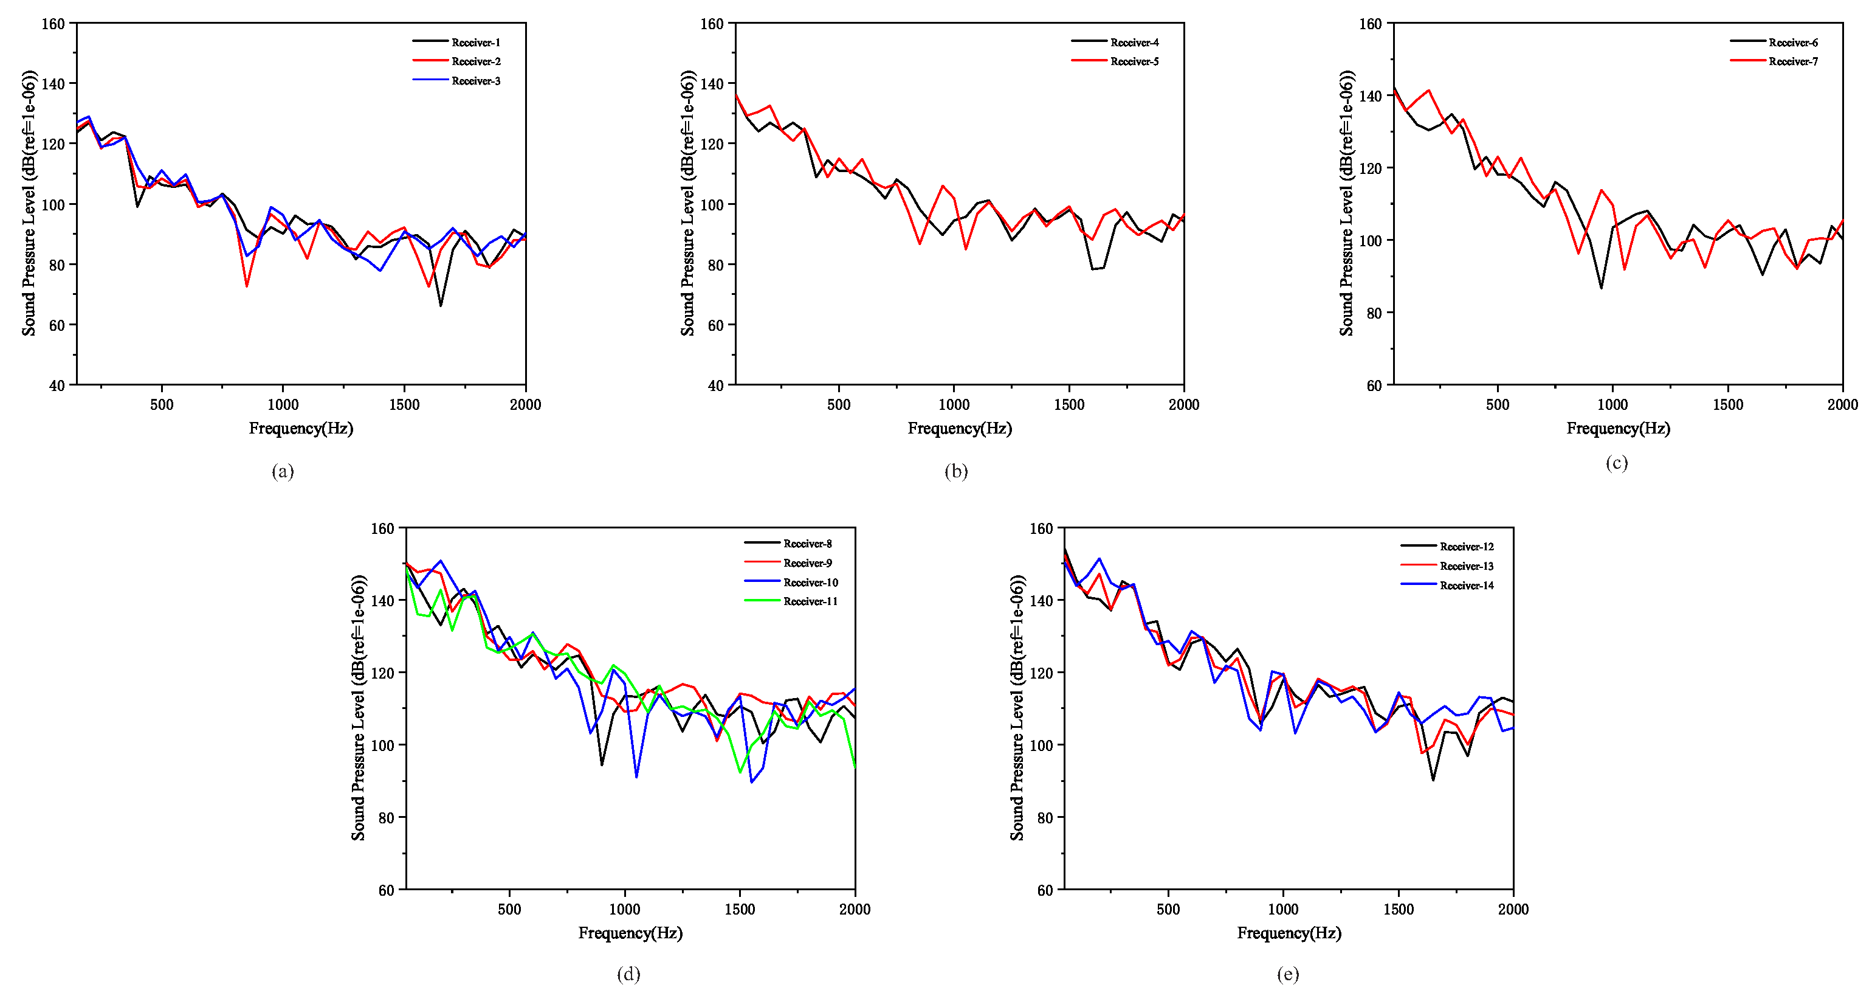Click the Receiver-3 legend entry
(475, 81)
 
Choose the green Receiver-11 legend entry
(810, 601)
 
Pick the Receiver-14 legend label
(1467, 585)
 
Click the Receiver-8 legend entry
(807, 544)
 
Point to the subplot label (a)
(283, 471)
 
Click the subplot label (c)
(1616, 463)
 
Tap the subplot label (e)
(1287, 974)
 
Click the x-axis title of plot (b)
(959, 428)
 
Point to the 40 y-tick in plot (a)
(57, 386)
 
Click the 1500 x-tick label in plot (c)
(1727, 405)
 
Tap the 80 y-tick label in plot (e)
(1044, 818)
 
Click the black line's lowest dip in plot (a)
(441, 305)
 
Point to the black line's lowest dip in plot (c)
(1601, 288)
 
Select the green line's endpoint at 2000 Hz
(855, 766)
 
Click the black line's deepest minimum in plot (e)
(1433, 780)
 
